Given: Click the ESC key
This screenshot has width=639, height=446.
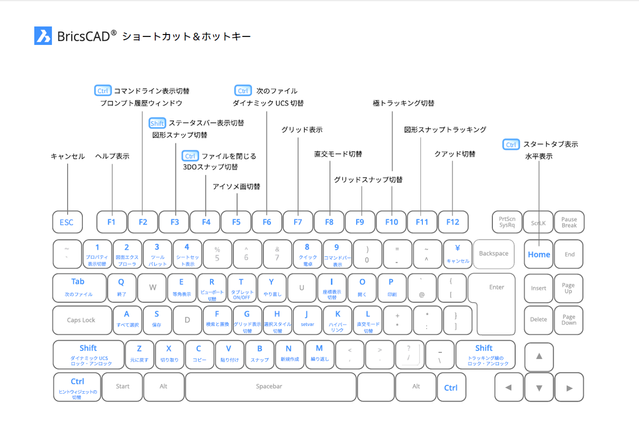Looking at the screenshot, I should tap(67, 222).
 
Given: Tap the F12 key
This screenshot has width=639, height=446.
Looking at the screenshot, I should tap(453, 222).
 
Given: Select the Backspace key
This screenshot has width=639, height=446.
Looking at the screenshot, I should tap(493, 254).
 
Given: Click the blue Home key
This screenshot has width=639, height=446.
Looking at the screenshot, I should tap(539, 254).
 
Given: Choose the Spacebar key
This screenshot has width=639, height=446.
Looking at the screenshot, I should tap(270, 386).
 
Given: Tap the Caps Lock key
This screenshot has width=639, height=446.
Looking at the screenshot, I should tap(82, 320).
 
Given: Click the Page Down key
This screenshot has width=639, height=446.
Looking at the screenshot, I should tap(569, 320).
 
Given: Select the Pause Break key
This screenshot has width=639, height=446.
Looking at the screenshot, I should tap(569, 222).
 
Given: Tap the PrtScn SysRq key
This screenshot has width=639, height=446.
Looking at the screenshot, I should tap(507, 222).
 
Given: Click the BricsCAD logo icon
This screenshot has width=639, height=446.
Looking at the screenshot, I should tap(43, 36).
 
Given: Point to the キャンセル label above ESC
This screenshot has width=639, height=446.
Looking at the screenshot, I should tap(68, 156).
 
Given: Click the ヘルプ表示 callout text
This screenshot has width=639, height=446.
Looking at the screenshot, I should tap(112, 156).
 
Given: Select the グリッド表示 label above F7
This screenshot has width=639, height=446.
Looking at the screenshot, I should tap(302, 129).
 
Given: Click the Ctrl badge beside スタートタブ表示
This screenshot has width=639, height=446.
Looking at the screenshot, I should tap(511, 145).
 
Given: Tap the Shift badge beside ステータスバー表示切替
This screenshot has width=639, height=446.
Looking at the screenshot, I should tap(157, 123).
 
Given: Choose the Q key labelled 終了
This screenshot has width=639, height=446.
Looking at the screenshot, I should tap(122, 287).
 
